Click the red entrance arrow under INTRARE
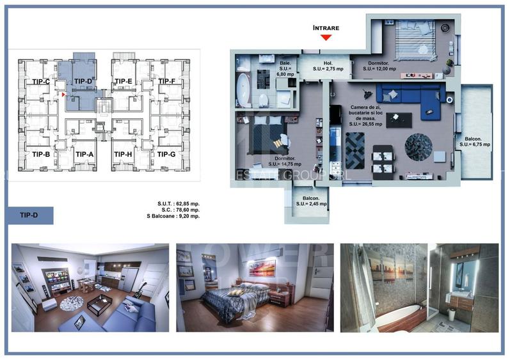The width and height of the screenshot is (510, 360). point(326,37)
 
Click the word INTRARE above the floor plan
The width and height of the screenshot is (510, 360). point(326,28)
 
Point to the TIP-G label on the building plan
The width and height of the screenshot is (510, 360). point(166,154)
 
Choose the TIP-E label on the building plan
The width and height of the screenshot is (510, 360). point(124,81)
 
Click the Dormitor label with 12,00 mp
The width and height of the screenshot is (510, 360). point(382,66)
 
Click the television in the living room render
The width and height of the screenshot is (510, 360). point(56,276)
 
